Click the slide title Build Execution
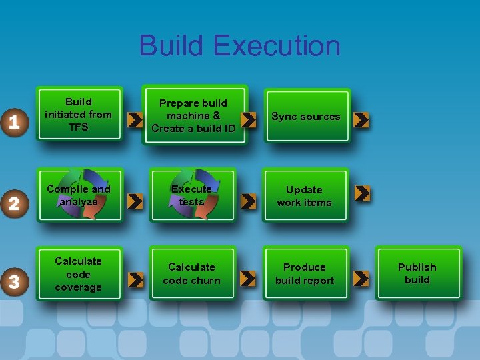[x=239, y=46]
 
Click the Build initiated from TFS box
[x=79, y=115]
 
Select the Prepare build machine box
[x=193, y=115]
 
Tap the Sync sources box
[x=306, y=117]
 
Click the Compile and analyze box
[x=79, y=195]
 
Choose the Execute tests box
[x=192, y=195]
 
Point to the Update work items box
[x=305, y=196]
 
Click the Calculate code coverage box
[x=79, y=274]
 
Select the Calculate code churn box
[x=192, y=274]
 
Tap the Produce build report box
[x=305, y=274]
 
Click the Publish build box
[x=417, y=273]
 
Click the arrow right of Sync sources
[x=361, y=120]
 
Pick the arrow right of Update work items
[x=363, y=193]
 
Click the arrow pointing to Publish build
[x=361, y=278]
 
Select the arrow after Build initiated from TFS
[x=135, y=120]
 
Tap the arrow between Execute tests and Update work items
[x=248, y=200]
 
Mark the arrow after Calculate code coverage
[x=135, y=280]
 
